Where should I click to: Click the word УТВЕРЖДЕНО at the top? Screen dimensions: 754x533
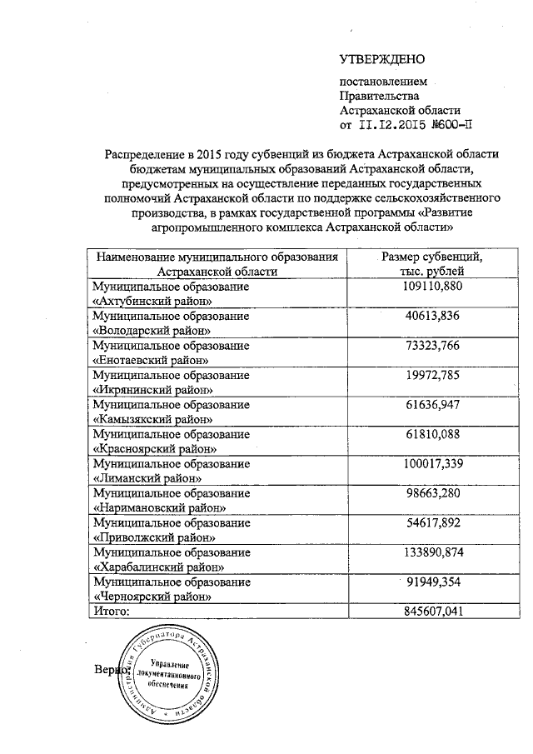click(x=382, y=59)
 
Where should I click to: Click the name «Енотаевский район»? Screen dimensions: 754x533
click(x=150, y=359)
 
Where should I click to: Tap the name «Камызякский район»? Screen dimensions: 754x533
click(x=152, y=419)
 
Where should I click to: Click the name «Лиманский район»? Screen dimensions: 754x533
click(x=146, y=478)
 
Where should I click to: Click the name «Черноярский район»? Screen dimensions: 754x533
click(x=151, y=597)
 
